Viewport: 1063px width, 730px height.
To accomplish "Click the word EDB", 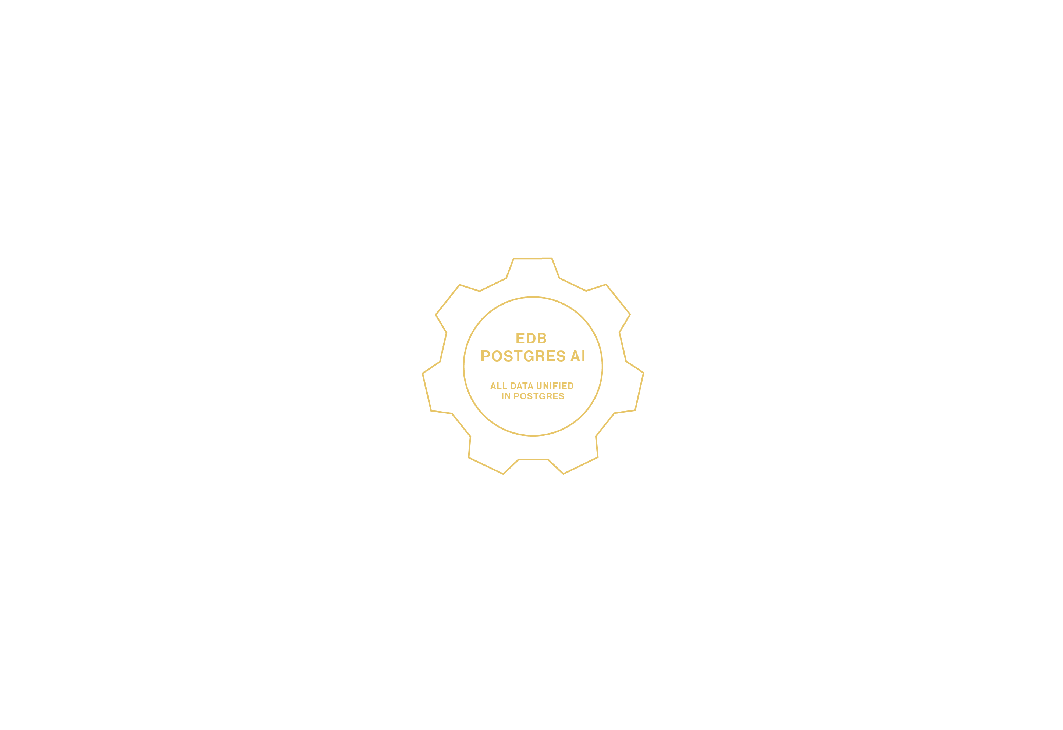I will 531,338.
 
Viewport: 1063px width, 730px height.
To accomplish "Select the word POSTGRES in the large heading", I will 523,356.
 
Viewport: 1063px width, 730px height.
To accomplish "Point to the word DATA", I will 522,386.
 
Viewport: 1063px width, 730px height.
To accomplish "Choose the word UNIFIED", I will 555,386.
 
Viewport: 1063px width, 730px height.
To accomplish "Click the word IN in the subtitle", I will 506,396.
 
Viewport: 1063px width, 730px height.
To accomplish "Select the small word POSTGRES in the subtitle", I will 539,396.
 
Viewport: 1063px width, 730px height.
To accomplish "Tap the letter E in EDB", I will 520,338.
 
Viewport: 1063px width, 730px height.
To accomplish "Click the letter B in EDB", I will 542,338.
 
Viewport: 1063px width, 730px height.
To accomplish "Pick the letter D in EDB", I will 531,338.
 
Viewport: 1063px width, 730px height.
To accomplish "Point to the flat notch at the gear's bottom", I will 533,460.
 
